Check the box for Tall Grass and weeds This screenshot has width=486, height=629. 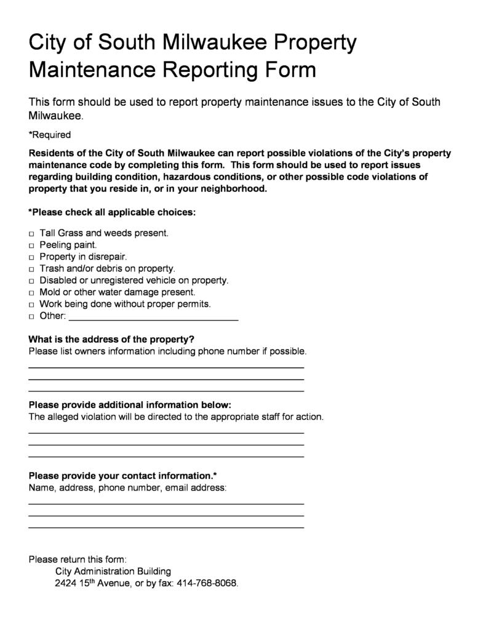click(x=31, y=234)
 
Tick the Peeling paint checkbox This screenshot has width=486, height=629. click(x=31, y=246)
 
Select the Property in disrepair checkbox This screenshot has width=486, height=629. click(x=31, y=257)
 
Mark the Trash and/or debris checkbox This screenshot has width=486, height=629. click(x=31, y=269)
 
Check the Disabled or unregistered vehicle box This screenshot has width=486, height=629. click(x=31, y=281)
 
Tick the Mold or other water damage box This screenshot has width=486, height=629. click(x=31, y=293)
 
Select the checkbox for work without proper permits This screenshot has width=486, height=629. click(x=31, y=305)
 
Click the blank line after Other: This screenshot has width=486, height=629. click(x=153, y=318)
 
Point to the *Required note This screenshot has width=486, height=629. click(x=50, y=135)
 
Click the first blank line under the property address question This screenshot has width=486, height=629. click(x=166, y=367)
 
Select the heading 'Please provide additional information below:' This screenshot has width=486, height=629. click(x=130, y=404)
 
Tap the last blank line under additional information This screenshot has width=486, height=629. click(x=166, y=456)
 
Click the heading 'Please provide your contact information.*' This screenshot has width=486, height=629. click(x=122, y=476)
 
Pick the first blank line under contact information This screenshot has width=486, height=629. click(x=166, y=503)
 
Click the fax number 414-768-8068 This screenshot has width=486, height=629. click(x=207, y=583)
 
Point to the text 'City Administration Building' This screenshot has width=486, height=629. click(x=113, y=571)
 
